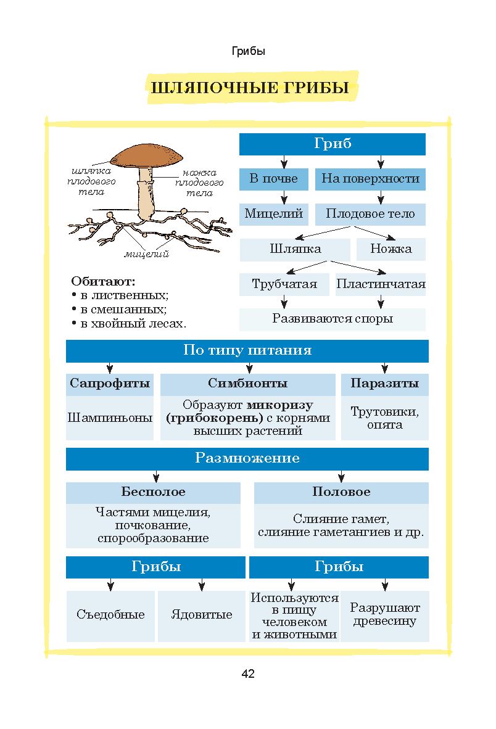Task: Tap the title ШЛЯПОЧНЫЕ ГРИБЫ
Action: [250, 88]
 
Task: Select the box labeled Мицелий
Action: [273, 214]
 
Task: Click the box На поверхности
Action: [370, 179]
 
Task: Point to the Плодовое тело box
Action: [370, 214]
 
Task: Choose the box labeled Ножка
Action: [391, 249]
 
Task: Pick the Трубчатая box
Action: [284, 284]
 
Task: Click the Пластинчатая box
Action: [381, 284]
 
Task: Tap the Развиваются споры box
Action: [333, 319]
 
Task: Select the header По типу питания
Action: [247, 350]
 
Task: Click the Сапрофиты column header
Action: [110, 384]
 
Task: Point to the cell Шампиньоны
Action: [110, 418]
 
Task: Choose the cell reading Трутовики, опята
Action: [385, 418]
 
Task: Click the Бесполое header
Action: [154, 492]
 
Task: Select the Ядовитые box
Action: [202, 616]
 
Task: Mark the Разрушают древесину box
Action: [385, 616]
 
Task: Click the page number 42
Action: [248, 674]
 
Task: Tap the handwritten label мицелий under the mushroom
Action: [146, 254]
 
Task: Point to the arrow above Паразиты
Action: [385, 368]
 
